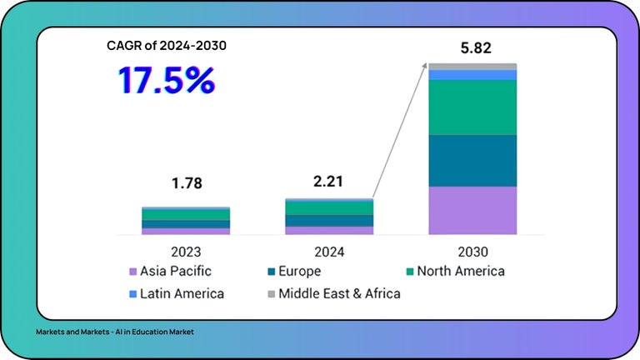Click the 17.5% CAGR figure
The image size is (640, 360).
(166, 79)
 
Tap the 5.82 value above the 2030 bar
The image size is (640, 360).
(472, 48)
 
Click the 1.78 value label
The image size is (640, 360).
(185, 183)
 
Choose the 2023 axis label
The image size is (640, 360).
(185, 251)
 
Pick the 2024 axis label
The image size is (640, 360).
(328, 251)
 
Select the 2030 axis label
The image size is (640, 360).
(472, 251)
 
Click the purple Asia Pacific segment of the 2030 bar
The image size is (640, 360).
(472, 210)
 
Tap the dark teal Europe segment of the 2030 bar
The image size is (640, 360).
(472, 160)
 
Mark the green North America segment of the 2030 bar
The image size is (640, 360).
(472, 107)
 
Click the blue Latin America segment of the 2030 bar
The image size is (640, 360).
(472, 75)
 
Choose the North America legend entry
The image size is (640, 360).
(454, 271)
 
